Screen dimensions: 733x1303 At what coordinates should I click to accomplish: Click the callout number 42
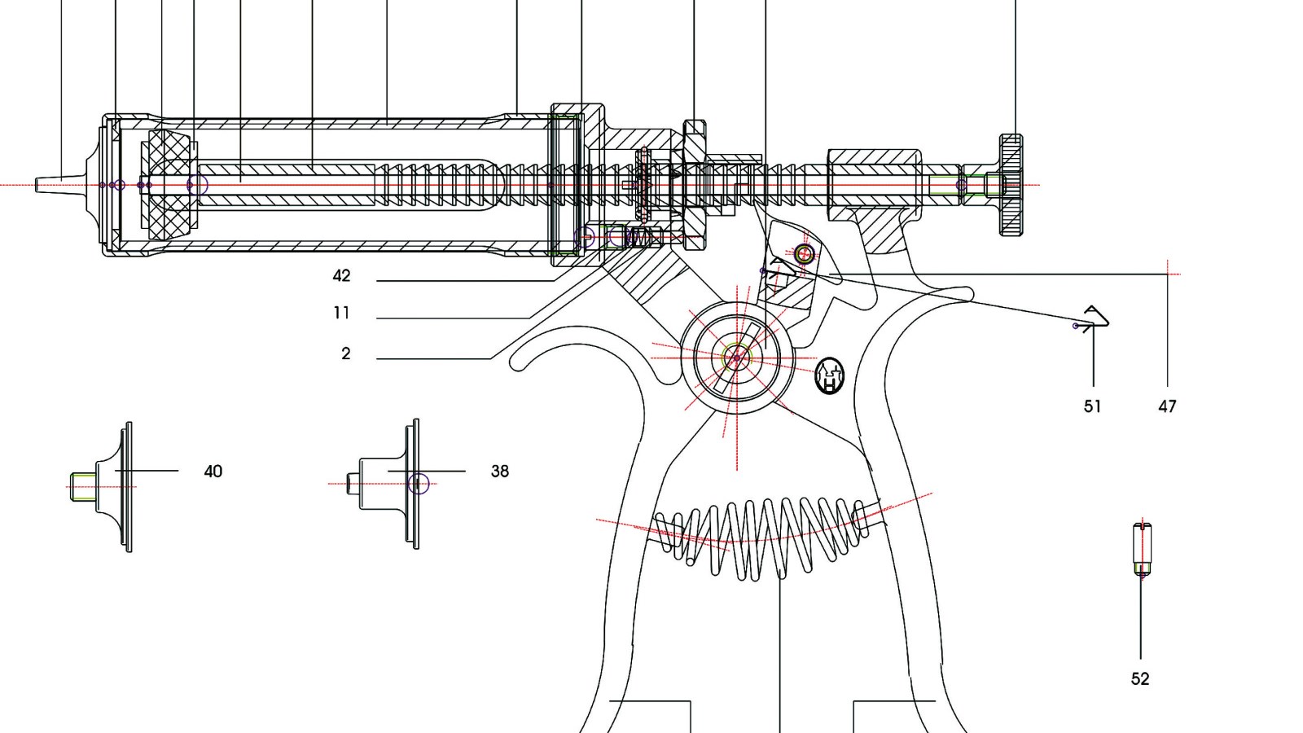coord(341,275)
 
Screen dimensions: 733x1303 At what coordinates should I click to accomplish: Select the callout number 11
coord(341,313)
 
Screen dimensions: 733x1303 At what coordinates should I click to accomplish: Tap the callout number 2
coord(346,353)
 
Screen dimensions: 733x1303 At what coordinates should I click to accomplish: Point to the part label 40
coord(213,472)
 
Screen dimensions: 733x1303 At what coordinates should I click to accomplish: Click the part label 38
coord(499,471)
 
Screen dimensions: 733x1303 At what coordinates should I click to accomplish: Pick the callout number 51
coord(1092,406)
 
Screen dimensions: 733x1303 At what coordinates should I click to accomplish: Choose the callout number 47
coord(1167,406)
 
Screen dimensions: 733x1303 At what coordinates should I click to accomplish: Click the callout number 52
coord(1140,678)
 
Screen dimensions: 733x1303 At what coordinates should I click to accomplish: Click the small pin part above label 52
coord(1142,550)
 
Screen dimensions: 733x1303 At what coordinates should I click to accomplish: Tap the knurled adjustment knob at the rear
coord(1011,185)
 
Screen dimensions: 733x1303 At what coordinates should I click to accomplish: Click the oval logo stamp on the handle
coord(829,375)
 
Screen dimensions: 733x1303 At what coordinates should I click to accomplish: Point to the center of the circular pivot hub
coord(737,357)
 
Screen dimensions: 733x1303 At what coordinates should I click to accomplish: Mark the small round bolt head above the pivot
coord(805,253)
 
